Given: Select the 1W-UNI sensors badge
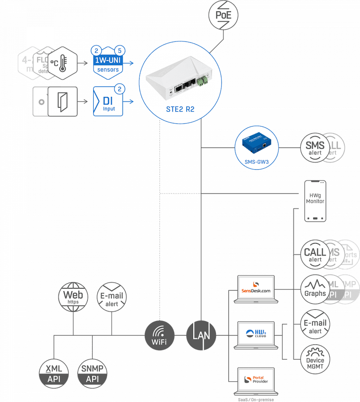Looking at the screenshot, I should click(108, 63).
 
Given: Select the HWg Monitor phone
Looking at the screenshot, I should click(315, 201).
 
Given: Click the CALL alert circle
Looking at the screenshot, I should click(315, 255).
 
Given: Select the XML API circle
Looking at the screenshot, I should click(54, 374).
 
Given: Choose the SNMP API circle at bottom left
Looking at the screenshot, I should click(92, 374).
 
